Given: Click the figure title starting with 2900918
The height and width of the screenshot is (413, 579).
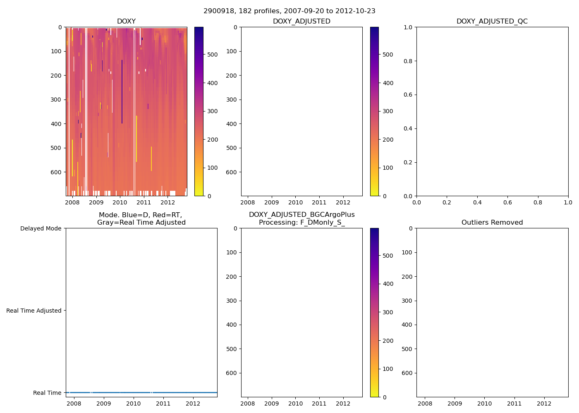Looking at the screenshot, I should (x=289, y=11).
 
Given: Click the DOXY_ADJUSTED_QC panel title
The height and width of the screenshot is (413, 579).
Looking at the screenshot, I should (x=492, y=21).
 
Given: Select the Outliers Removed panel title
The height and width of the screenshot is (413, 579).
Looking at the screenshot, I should (x=492, y=223).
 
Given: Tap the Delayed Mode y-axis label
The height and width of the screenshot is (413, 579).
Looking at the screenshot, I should (x=41, y=228).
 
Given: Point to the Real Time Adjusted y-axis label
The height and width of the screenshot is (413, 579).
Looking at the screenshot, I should (x=34, y=311).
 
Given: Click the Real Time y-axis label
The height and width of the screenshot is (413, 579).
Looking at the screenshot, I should (x=47, y=393).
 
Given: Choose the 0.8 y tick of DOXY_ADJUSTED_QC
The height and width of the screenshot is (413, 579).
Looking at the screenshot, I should (x=408, y=61).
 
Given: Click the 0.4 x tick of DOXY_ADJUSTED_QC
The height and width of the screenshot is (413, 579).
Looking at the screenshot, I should (x=477, y=203).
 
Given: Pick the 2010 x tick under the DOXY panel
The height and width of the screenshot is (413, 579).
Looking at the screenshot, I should (x=120, y=203).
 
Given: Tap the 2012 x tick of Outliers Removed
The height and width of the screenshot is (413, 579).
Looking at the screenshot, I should (x=544, y=404).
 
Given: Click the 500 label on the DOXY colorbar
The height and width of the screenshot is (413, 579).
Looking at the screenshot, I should (x=213, y=55).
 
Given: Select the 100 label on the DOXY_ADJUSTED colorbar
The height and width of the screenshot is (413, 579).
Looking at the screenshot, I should (x=388, y=168).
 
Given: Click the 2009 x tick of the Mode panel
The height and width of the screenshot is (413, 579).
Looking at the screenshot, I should (x=103, y=404).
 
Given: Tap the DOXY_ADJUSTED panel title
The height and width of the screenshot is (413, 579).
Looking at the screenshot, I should (x=301, y=21).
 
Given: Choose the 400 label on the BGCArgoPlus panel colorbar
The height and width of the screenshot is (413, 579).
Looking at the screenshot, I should (x=388, y=284).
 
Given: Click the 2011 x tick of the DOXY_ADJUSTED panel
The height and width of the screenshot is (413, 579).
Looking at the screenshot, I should (x=319, y=203).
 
